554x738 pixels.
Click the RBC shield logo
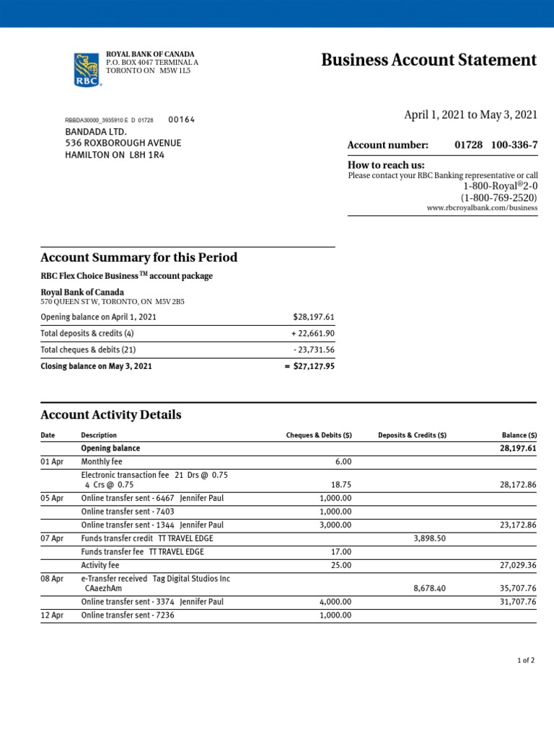(86, 70)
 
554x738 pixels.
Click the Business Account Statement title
(428, 60)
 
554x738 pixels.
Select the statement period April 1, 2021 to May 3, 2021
(470, 115)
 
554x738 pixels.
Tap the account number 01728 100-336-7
(496, 145)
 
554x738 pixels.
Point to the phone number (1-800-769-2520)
(499, 197)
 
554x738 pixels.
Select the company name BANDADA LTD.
(96, 132)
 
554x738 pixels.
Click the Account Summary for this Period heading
(138, 258)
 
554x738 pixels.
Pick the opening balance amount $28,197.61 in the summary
(314, 317)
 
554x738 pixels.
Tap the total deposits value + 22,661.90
(312, 334)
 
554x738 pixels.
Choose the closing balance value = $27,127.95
(309, 366)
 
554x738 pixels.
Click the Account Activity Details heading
(111, 415)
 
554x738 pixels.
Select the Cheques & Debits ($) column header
(319, 435)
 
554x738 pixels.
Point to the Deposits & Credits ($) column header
(412, 435)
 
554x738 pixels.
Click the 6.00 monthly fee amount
(343, 462)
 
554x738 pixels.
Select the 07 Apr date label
(52, 538)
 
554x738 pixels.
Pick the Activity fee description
(100, 565)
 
